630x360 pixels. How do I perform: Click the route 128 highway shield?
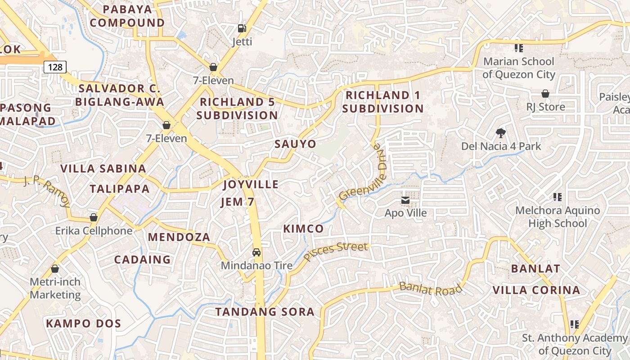55,67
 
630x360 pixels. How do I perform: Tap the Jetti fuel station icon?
242,28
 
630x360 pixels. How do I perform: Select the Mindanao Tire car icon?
256,252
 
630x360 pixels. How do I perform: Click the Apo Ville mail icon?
405,200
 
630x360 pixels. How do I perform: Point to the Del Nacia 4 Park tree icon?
500,133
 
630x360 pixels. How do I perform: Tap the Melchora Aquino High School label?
557,216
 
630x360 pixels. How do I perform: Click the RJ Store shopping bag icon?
545,94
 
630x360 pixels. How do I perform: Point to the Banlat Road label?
430,288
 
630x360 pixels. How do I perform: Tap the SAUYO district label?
295,144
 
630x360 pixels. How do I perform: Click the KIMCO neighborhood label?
303,229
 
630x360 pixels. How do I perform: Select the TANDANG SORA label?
265,312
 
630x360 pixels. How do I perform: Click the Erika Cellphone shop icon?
94,217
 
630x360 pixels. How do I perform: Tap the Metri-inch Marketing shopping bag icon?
55,269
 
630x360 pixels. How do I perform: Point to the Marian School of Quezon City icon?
518,48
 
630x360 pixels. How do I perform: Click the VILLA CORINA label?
536,290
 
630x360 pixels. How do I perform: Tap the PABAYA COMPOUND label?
128,16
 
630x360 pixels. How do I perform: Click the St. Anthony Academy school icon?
574,324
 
